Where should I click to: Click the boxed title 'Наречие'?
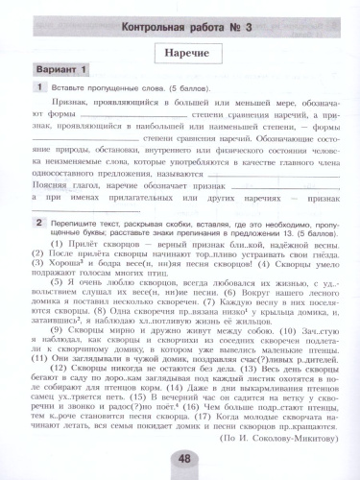point(180,46)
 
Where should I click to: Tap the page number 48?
point(180,458)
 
